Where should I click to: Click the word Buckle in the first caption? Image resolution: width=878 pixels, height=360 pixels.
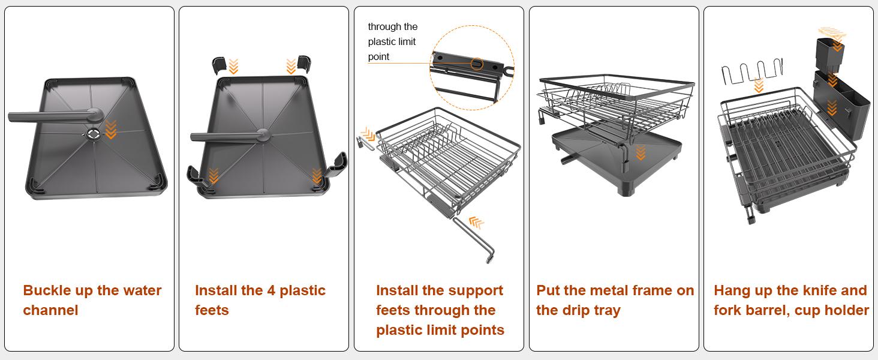[47, 290]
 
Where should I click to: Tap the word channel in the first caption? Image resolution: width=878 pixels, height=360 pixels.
[50, 310]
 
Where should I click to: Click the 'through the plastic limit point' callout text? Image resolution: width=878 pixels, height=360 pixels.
[393, 42]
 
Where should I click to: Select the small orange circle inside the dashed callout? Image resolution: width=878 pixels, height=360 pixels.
[477, 63]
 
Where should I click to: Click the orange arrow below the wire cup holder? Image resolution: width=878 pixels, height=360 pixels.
[759, 86]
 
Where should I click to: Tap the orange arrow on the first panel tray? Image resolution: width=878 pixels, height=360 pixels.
[110, 129]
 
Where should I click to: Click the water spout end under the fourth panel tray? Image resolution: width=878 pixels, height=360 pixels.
[565, 160]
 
